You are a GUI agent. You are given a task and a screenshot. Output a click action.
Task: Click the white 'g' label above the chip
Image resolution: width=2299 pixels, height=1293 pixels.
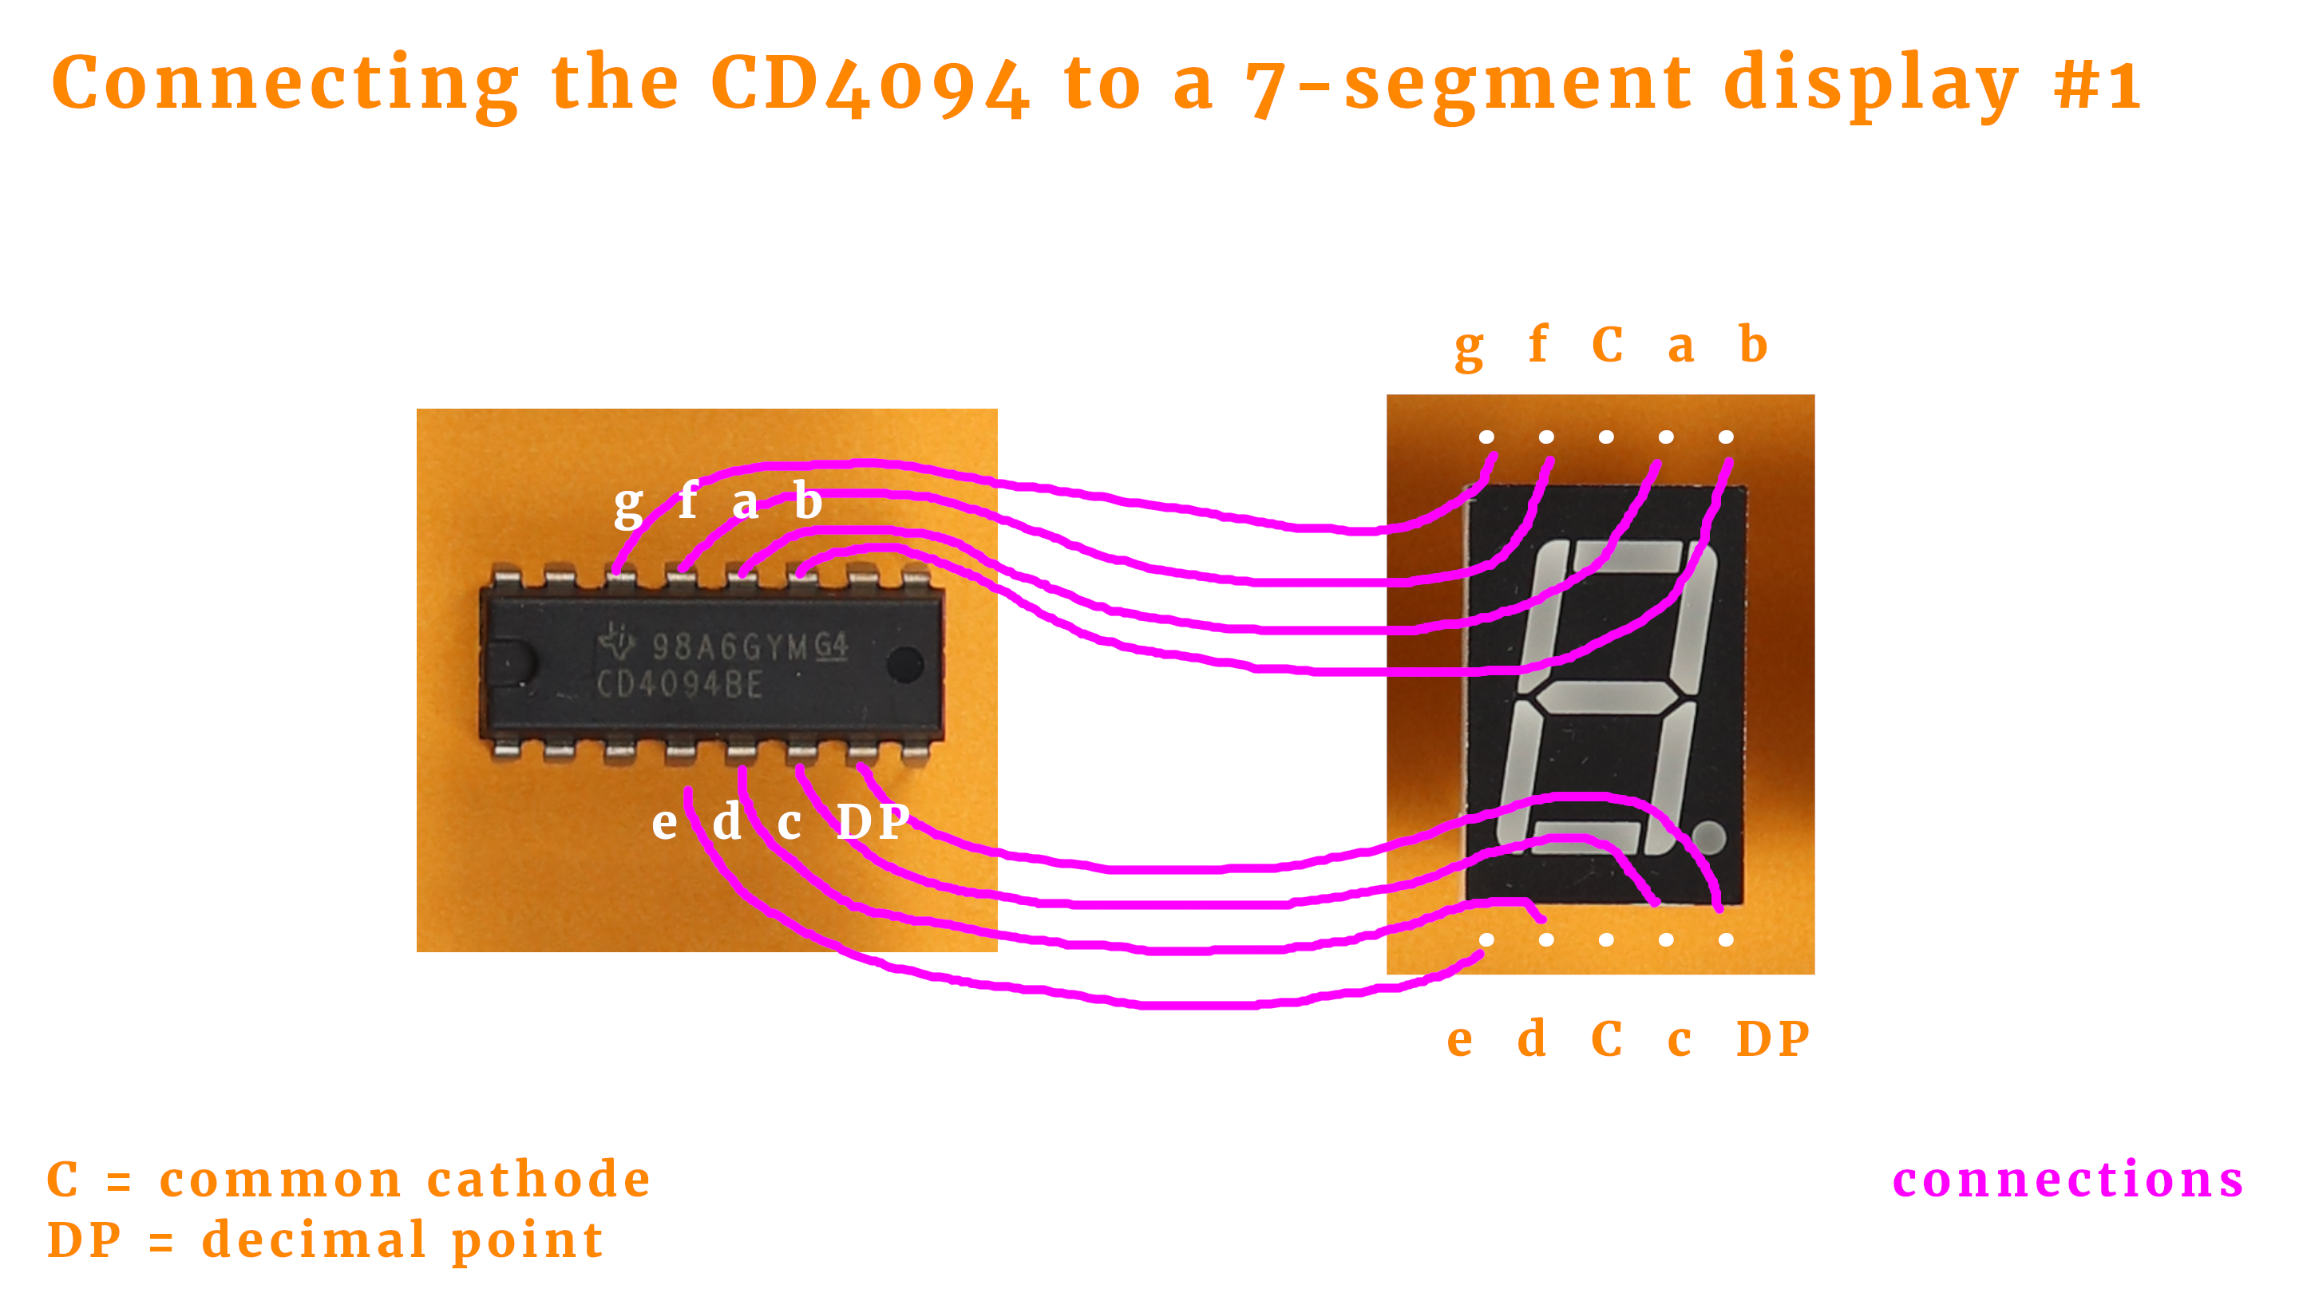pos(628,505)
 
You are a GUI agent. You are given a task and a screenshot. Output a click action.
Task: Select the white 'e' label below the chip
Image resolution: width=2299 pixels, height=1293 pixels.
pos(664,822)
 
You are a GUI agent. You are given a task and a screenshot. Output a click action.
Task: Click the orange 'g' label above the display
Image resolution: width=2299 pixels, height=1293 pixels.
pos(1469,348)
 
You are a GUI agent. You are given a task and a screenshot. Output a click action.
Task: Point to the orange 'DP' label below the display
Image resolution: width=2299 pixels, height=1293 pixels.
pos(1772,1038)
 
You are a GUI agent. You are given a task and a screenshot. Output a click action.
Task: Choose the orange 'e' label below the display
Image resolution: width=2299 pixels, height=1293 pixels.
pos(1460,1041)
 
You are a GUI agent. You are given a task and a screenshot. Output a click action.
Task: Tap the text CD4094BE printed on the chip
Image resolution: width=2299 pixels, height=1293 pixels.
pos(679,685)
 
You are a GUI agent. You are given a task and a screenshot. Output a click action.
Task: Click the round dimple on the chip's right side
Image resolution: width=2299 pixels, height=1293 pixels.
pos(905,665)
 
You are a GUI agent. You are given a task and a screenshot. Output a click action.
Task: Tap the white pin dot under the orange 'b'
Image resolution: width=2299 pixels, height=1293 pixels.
pos(1726,437)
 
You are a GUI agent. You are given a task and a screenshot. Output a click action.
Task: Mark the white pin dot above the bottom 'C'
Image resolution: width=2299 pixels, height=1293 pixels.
pos(1606,939)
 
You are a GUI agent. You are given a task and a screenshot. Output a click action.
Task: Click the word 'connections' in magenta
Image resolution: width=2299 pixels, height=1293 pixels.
pos(2068,1180)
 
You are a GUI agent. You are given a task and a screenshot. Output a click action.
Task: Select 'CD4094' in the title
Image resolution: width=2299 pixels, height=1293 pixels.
pos(870,85)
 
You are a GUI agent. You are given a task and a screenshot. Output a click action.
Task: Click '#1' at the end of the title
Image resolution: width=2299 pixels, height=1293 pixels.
pos(2096,85)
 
